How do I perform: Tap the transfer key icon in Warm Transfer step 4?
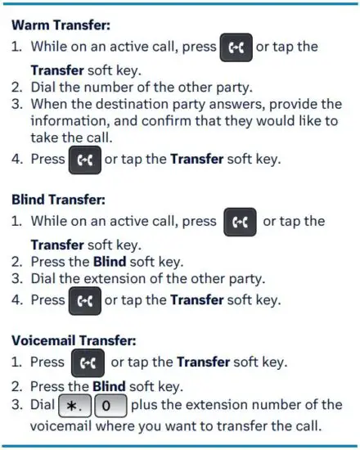point(84,158)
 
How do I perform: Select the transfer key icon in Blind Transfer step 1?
point(240,221)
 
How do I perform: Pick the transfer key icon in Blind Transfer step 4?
point(84,299)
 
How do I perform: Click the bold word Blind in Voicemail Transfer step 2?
point(110,386)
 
